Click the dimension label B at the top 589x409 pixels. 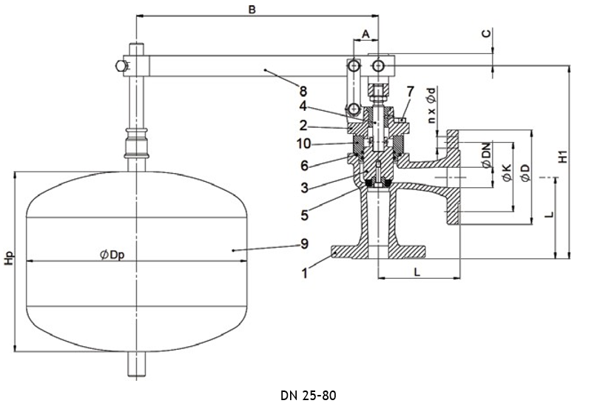252,10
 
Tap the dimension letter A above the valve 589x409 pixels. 366,34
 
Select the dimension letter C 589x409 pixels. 486,33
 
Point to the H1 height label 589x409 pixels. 562,156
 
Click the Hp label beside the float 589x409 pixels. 9,257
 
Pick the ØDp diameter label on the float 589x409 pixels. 112,255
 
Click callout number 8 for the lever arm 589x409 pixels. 303,91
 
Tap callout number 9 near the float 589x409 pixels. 304,244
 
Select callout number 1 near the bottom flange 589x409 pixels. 305,273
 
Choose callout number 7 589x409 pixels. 410,91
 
